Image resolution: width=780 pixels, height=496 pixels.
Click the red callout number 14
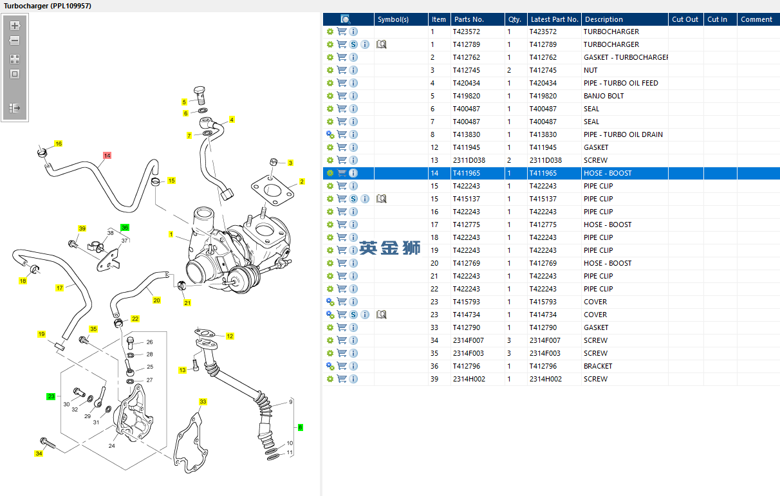(107, 156)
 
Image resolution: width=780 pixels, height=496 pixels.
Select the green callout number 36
(125, 228)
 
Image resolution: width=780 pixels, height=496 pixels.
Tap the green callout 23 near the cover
(51, 396)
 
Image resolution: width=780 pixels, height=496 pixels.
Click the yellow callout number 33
(203, 402)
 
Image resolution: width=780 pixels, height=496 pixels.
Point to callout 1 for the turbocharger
(171, 235)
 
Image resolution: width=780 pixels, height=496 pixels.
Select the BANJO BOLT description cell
(603, 96)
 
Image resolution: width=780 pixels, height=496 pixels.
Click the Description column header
(604, 19)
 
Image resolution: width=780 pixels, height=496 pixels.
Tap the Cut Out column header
(685, 19)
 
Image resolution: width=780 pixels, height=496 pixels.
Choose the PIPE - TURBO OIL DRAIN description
(623, 134)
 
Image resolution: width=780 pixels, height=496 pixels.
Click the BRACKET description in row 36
(598, 366)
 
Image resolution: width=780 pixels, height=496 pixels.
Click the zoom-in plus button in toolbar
(15, 26)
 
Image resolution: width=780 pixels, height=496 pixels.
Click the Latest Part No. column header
(553, 19)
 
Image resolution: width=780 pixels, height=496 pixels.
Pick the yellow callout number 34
(39, 454)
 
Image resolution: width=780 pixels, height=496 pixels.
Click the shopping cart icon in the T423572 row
(342, 32)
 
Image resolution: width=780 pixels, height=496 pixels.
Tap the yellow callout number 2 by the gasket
(301, 182)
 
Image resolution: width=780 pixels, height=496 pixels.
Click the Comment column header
(756, 19)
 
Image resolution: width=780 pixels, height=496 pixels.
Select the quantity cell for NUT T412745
(509, 70)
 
